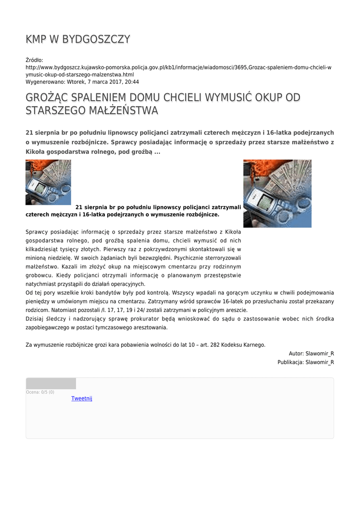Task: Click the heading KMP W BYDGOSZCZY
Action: click(78, 39)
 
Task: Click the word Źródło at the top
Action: click(34, 60)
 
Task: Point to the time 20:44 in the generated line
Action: click(132, 82)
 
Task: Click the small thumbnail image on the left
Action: click(48, 182)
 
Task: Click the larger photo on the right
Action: click(277, 193)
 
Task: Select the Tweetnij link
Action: click(82, 398)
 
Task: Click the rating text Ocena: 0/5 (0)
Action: click(40, 392)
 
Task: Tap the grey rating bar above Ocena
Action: click(51, 383)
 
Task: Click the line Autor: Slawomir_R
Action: click(311, 353)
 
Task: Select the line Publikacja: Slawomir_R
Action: click(305, 362)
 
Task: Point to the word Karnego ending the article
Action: click(253, 344)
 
